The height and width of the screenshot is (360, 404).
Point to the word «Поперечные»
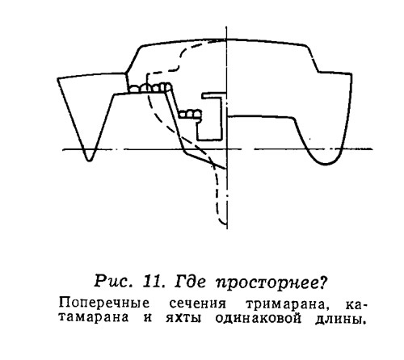[x=104, y=303]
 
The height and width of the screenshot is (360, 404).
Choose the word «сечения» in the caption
[x=198, y=304]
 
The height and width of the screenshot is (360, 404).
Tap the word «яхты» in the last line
[x=183, y=318]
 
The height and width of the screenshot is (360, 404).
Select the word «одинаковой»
[x=259, y=318]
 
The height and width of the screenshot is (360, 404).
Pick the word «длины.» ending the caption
[x=341, y=319]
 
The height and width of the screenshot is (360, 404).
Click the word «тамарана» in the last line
[x=94, y=318]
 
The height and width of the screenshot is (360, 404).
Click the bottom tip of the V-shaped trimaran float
[x=90, y=161]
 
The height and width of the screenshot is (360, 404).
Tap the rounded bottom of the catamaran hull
[x=325, y=164]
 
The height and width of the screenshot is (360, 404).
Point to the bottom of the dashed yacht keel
[x=224, y=224]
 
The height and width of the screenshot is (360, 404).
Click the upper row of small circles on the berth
[x=150, y=87]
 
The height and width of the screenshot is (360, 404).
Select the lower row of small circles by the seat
[x=190, y=114]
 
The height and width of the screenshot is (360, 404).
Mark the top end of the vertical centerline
[x=226, y=27]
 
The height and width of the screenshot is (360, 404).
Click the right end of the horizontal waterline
[x=372, y=149]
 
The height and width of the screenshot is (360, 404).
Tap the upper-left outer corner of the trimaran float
[x=57, y=78]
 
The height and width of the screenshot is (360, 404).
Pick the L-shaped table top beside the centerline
[x=214, y=95]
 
